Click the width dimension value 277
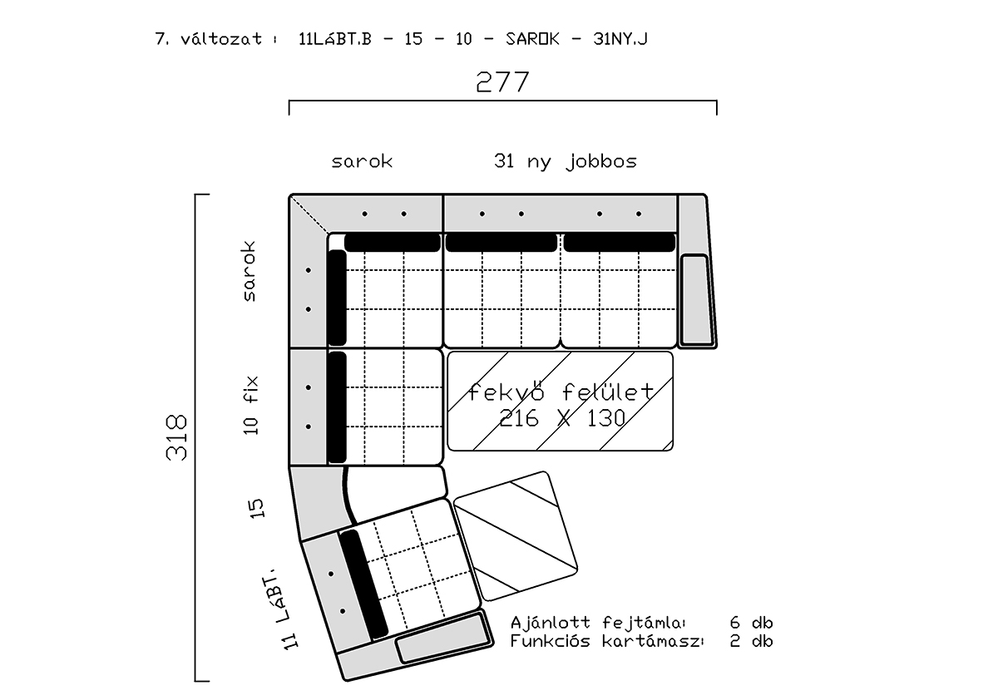pos(502,81)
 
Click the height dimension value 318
pos(177,437)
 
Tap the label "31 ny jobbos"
pos(566,161)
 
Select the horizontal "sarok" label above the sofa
pos(362,161)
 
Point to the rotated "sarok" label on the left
pos(249,271)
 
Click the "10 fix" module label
pos(251,405)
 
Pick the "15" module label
pos(256,508)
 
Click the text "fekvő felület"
pos(561,392)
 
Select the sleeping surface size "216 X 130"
pos(562,418)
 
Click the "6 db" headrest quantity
pos(751,622)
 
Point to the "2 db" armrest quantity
pos(751,641)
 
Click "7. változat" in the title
pos(209,39)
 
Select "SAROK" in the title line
pos(532,39)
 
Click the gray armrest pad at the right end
pos(696,299)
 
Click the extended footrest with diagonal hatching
pos(516,535)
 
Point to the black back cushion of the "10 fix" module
pos(338,407)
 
